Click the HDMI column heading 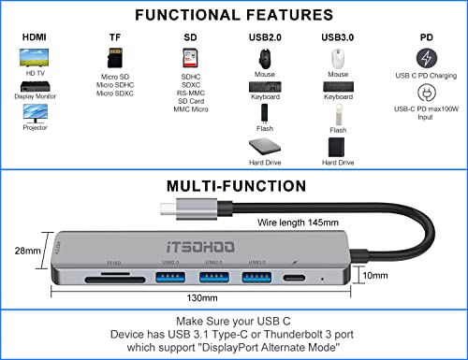point(33,37)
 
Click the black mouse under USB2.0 point(265,57)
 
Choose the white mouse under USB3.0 point(338,57)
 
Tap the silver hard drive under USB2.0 point(265,148)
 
